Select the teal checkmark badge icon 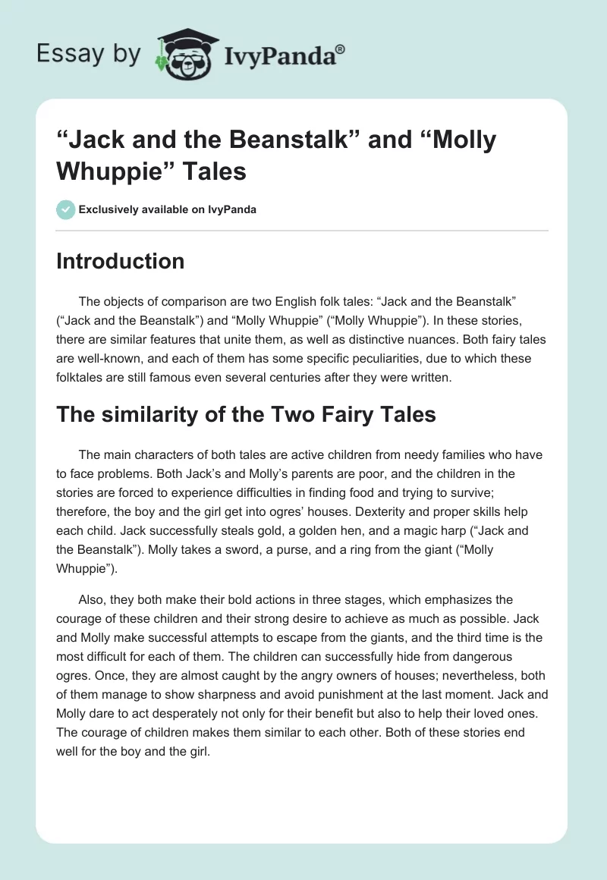tap(66, 209)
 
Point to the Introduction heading tap(121, 261)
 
